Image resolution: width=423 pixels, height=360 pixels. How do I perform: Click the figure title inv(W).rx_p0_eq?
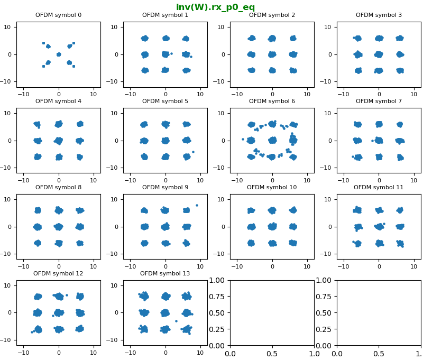click(215, 7)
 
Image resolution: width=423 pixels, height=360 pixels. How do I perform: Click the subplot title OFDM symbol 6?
click(272, 101)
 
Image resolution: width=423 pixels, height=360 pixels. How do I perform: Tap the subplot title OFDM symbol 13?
click(165, 273)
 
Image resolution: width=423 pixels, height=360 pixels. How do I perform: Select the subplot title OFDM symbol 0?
click(58, 15)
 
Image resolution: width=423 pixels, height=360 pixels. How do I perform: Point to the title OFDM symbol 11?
click(379, 187)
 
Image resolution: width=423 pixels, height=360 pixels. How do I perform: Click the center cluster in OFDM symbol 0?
click(59, 54)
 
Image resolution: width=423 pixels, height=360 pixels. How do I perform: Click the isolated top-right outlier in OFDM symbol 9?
click(197, 206)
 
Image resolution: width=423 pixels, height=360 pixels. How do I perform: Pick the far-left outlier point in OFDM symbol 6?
click(243, 140)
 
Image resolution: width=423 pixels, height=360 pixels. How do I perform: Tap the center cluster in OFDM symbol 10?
click(272, 227)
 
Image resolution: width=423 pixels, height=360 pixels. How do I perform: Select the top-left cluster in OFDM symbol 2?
click(252, 38)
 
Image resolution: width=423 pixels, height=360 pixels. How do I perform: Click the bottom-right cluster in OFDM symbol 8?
click(80, 243)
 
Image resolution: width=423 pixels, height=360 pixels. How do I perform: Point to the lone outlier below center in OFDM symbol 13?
click(177, 321)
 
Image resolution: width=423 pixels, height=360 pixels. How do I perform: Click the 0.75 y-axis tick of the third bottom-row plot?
click(217, 297)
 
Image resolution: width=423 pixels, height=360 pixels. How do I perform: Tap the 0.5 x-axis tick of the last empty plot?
click(379, 354)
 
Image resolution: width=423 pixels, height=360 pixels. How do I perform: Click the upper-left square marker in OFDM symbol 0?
click(43, 43)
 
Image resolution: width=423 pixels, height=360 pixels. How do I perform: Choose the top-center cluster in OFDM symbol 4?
click(59, 124)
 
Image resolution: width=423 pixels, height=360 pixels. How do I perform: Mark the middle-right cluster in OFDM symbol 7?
click(400, 141)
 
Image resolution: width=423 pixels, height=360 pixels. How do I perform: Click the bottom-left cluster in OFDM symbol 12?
click(38, 329)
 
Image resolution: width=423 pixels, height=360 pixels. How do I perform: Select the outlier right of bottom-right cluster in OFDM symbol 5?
click(193, 152)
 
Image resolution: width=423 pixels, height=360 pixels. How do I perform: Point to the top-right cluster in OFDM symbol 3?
click(400, 38)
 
